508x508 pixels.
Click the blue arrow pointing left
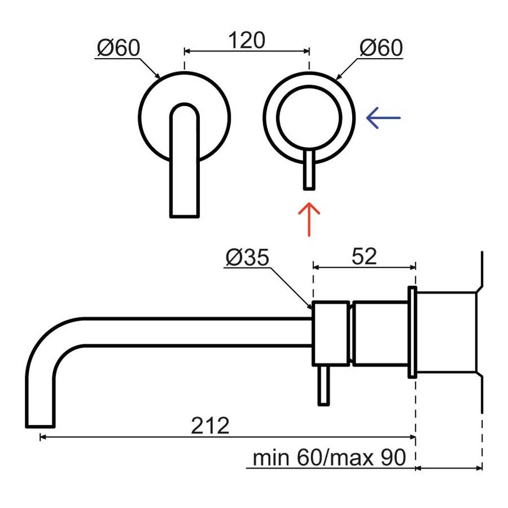pyautogui.click(x=383, y=118)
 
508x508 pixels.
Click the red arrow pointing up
pyautogui.click(x=309, y=219)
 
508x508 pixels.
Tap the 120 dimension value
pyautogui.click(x=247, y=41)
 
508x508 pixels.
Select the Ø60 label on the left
pyautogui.click(x=119, y=48)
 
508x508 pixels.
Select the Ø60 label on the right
pyautogui.click(x=381, y=48)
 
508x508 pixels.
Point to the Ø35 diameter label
pyautogui.click(x=248, y=257)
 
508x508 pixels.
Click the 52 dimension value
pyautogui.click(x=364, y=256)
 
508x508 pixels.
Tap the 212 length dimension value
pyautogui.click(x=210, y=425)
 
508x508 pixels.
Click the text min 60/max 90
pyautogui.click(x=329, y=457)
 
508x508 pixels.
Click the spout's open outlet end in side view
pyautogui.click(x=40, y=426)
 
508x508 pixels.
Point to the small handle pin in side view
pyautogui.click(x=323, y=385)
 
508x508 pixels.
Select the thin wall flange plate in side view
pyautogui.click(x=412, y=332)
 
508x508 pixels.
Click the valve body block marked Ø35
pyautogui.click(x=331, y=333)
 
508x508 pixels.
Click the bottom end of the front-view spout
pyautogui.click(x=185, y=216)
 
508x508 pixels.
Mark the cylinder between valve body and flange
pyautogui.click(x=380, y=333)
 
